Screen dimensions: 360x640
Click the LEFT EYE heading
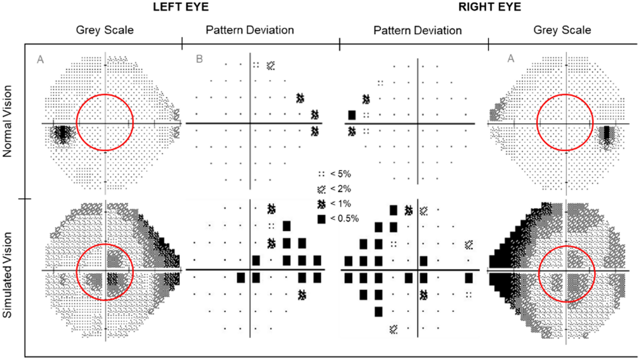[x=180, y=7]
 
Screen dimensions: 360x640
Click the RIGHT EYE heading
[x=490, y=7]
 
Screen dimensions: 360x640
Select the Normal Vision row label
[x=7, y=121]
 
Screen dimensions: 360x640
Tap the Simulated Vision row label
[x=7, y=275]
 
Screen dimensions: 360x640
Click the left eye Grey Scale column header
[x=104, y=30]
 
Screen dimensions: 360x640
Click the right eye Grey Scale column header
[x=562, y=30]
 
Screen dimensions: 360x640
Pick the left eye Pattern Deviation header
[x=249, y=30]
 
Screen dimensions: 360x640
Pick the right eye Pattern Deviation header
[x=417, y=30]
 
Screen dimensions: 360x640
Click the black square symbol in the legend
[x=321, y=219]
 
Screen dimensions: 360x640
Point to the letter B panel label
[x=199, y=59]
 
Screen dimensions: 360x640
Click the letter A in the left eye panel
[x=40, y=59]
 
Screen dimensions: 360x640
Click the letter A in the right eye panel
[x=511, y=58]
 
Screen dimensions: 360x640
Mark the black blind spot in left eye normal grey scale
[x=63, y=133]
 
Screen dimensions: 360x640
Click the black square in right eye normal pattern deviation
[x=351, y=115]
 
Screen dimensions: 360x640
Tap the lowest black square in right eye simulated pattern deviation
[x=378, y=312]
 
